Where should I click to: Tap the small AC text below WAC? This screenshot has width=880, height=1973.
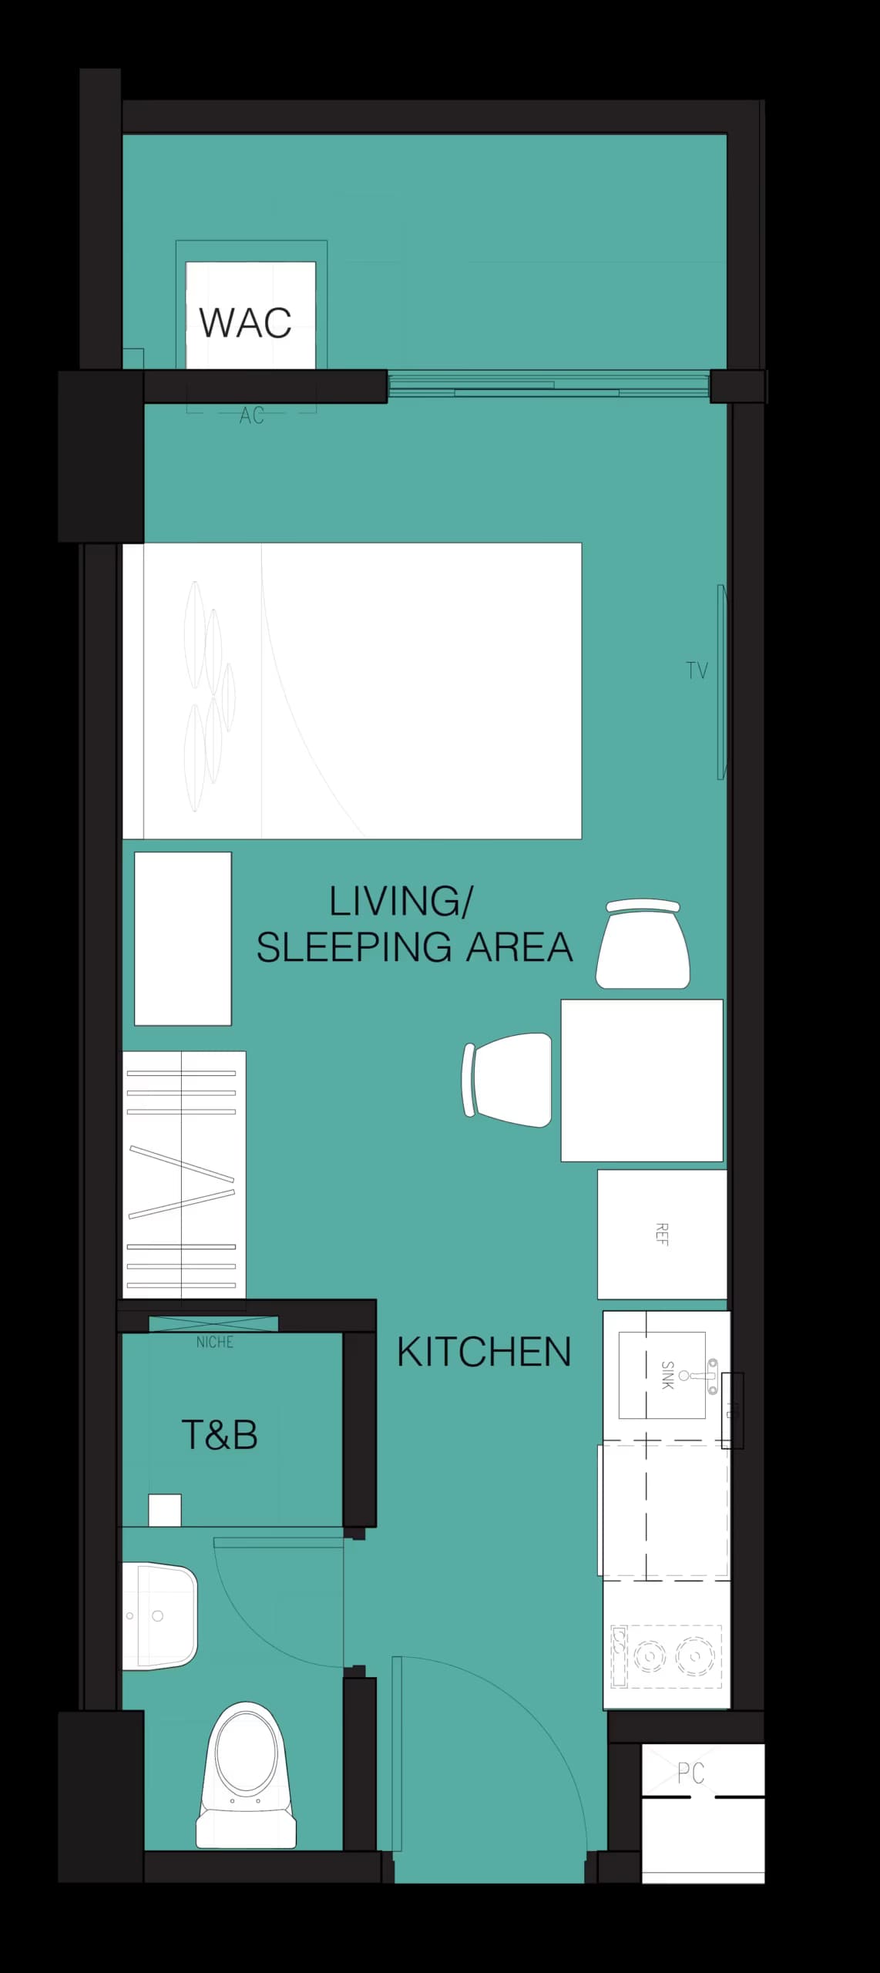click(x=251, y=416)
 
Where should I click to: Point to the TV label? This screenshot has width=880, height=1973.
click(x=697, y=671)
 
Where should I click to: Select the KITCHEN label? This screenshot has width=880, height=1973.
click(x=484, y=1352)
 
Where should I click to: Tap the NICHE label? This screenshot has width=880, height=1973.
click(x=214, y=1343)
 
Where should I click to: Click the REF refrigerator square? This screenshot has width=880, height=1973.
click(x=661, y=1234)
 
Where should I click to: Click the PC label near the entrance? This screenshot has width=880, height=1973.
click(x=690, y=1773)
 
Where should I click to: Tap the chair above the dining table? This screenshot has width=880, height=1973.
click(x=643, y=945)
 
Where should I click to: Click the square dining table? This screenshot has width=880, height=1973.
click(x=641, y=1080)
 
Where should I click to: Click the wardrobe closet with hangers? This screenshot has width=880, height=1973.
click(x=183, y=1175)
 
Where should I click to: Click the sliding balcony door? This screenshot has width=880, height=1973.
click(x=547, y=385)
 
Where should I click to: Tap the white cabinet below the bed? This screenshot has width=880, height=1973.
click(x=183, y=938)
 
